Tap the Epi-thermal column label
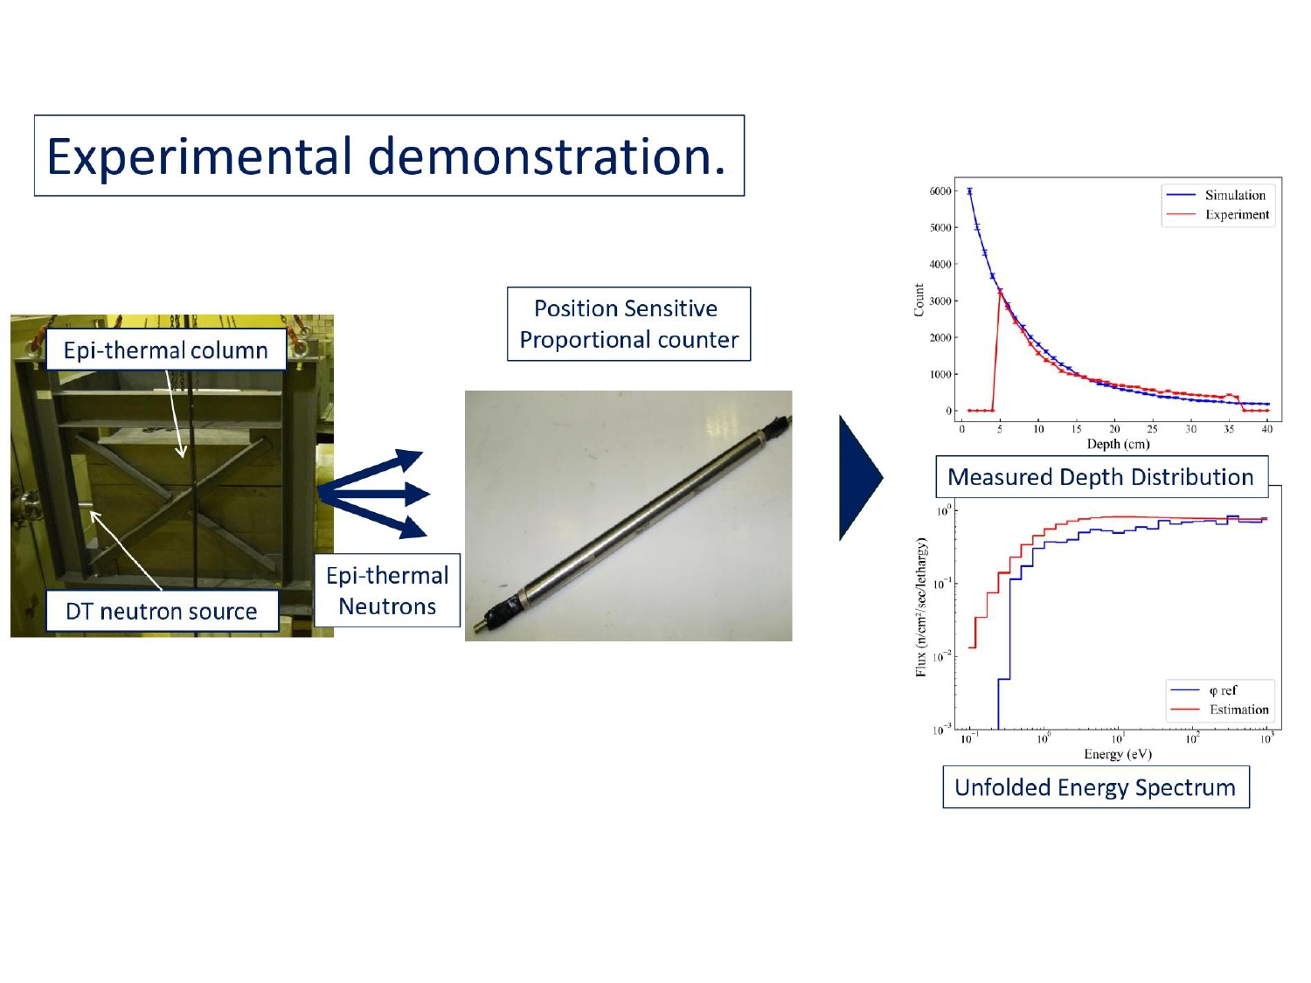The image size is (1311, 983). (165, 350)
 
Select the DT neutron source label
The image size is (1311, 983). (162, 611)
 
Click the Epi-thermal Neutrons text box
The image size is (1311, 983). (387, 591)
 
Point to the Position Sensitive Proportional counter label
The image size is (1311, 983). (628, 324)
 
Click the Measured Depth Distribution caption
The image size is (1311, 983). (1100, 477)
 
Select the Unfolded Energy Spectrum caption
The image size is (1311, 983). (1095, 787)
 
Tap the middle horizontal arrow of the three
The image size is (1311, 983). (376, 495)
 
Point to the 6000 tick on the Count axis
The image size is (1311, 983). (940, 191)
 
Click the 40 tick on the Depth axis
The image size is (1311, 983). (1266, 429)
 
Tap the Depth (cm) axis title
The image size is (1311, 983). (1118, 444)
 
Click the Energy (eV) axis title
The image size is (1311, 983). (1118, 754)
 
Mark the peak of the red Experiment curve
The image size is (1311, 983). (1000, 291)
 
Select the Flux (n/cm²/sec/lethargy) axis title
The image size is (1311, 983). (921, 607)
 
